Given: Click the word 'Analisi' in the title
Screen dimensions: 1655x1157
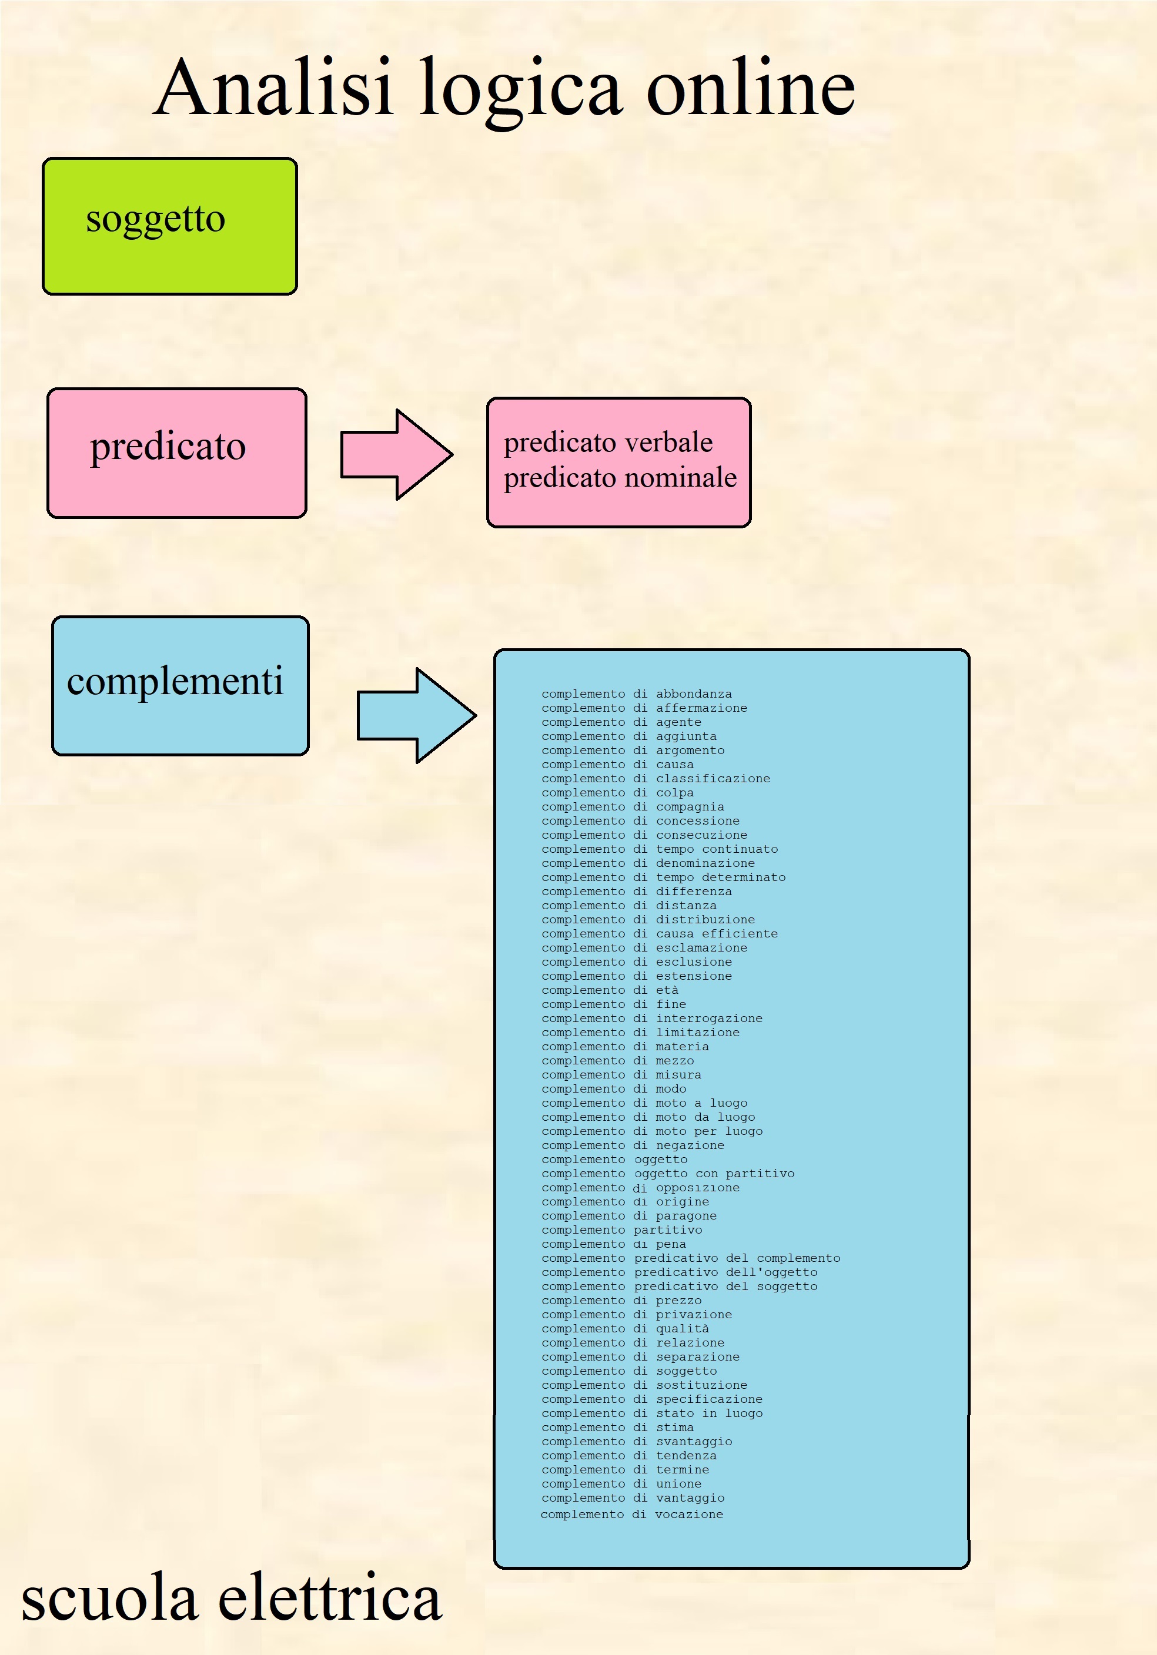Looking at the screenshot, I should [274, 88].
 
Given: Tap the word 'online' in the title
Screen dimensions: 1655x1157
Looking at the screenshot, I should [750, 88].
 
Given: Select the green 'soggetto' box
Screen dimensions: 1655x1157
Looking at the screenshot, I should [169, 226].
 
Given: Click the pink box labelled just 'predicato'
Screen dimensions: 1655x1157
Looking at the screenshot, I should [176, 453].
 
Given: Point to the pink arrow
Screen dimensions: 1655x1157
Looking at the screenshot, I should [396, 454].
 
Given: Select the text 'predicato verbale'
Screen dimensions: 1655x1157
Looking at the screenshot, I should [608, 442].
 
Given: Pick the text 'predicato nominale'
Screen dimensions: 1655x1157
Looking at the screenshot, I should [620, 477].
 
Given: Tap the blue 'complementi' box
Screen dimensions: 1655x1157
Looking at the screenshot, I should [180, 685].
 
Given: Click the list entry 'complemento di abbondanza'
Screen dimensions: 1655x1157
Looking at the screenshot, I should [637, 694].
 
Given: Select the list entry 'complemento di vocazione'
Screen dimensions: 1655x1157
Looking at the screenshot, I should [631, 1514].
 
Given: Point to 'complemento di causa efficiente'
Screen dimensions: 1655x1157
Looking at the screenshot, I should [660, 933].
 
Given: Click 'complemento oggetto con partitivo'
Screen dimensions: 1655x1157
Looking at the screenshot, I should [667, 1174].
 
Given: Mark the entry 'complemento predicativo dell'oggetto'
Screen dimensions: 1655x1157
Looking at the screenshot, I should [679, 1272].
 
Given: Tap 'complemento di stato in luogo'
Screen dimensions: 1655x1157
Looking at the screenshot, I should [651, 1413].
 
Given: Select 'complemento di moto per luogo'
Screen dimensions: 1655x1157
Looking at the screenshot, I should [651, 1131].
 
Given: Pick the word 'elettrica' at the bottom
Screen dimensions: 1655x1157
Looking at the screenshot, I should [329, 1597].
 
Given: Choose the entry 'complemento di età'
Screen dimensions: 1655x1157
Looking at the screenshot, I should [610, 990].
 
